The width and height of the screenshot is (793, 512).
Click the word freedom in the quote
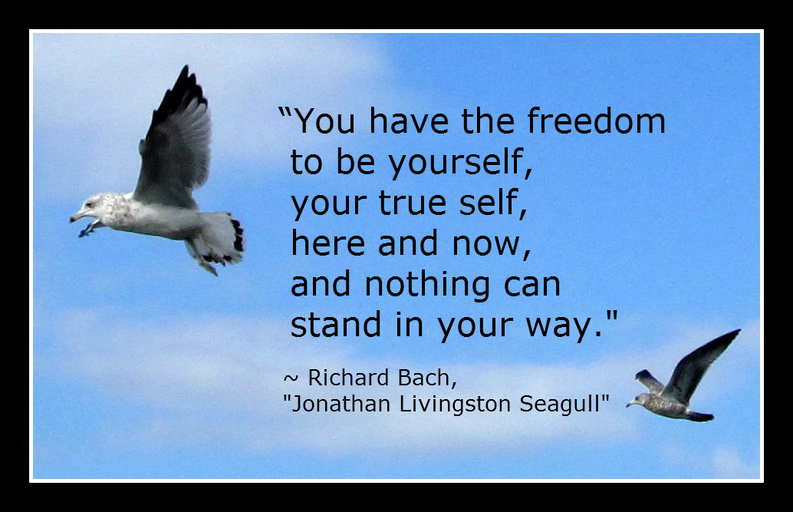[x=596, y=121]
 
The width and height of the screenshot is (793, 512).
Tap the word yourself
[x=459, y=163]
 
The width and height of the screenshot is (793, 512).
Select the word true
[x=413, y=203]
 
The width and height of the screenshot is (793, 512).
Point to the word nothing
[x=427, y=285]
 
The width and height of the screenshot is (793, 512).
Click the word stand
[x=336, y=324]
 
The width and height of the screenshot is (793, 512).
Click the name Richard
[x=348, y=378]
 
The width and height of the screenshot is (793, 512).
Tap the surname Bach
[x=426, y=378]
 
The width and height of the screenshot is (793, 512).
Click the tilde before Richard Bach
[x=291, y=378]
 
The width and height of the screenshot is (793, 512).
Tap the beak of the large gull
[x=77, y=216]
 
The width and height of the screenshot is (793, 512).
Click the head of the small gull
[x=638, y=400]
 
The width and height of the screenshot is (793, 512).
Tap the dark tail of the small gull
[x=701, y=416]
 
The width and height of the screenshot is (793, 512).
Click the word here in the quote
[x=327, y=243]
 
